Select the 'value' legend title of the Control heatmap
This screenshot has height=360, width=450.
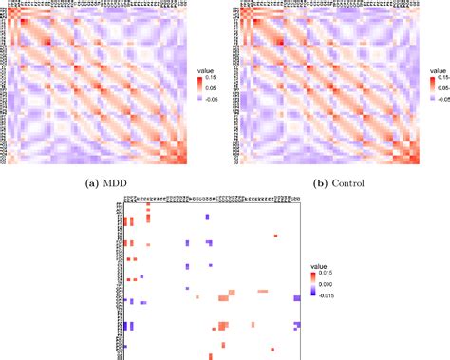click(439, 70)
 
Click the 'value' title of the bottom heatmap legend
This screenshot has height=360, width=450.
click(320, 267)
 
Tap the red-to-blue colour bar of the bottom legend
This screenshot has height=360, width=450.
click(313, 284)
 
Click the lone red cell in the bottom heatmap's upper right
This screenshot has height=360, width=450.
click(275, 235)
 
